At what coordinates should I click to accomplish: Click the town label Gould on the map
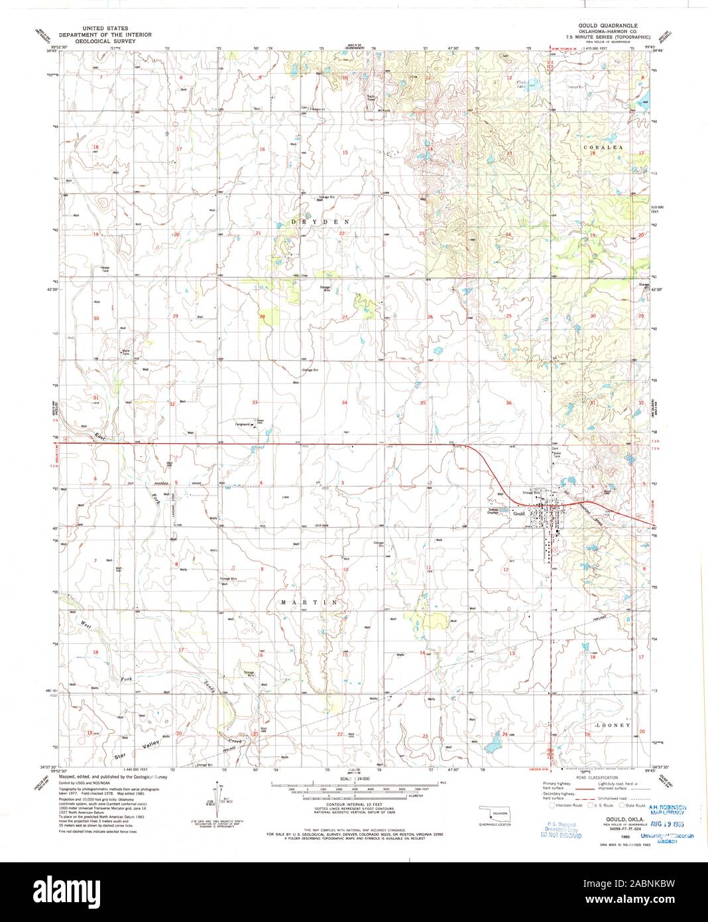518,513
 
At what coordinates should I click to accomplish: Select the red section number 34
344,403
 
